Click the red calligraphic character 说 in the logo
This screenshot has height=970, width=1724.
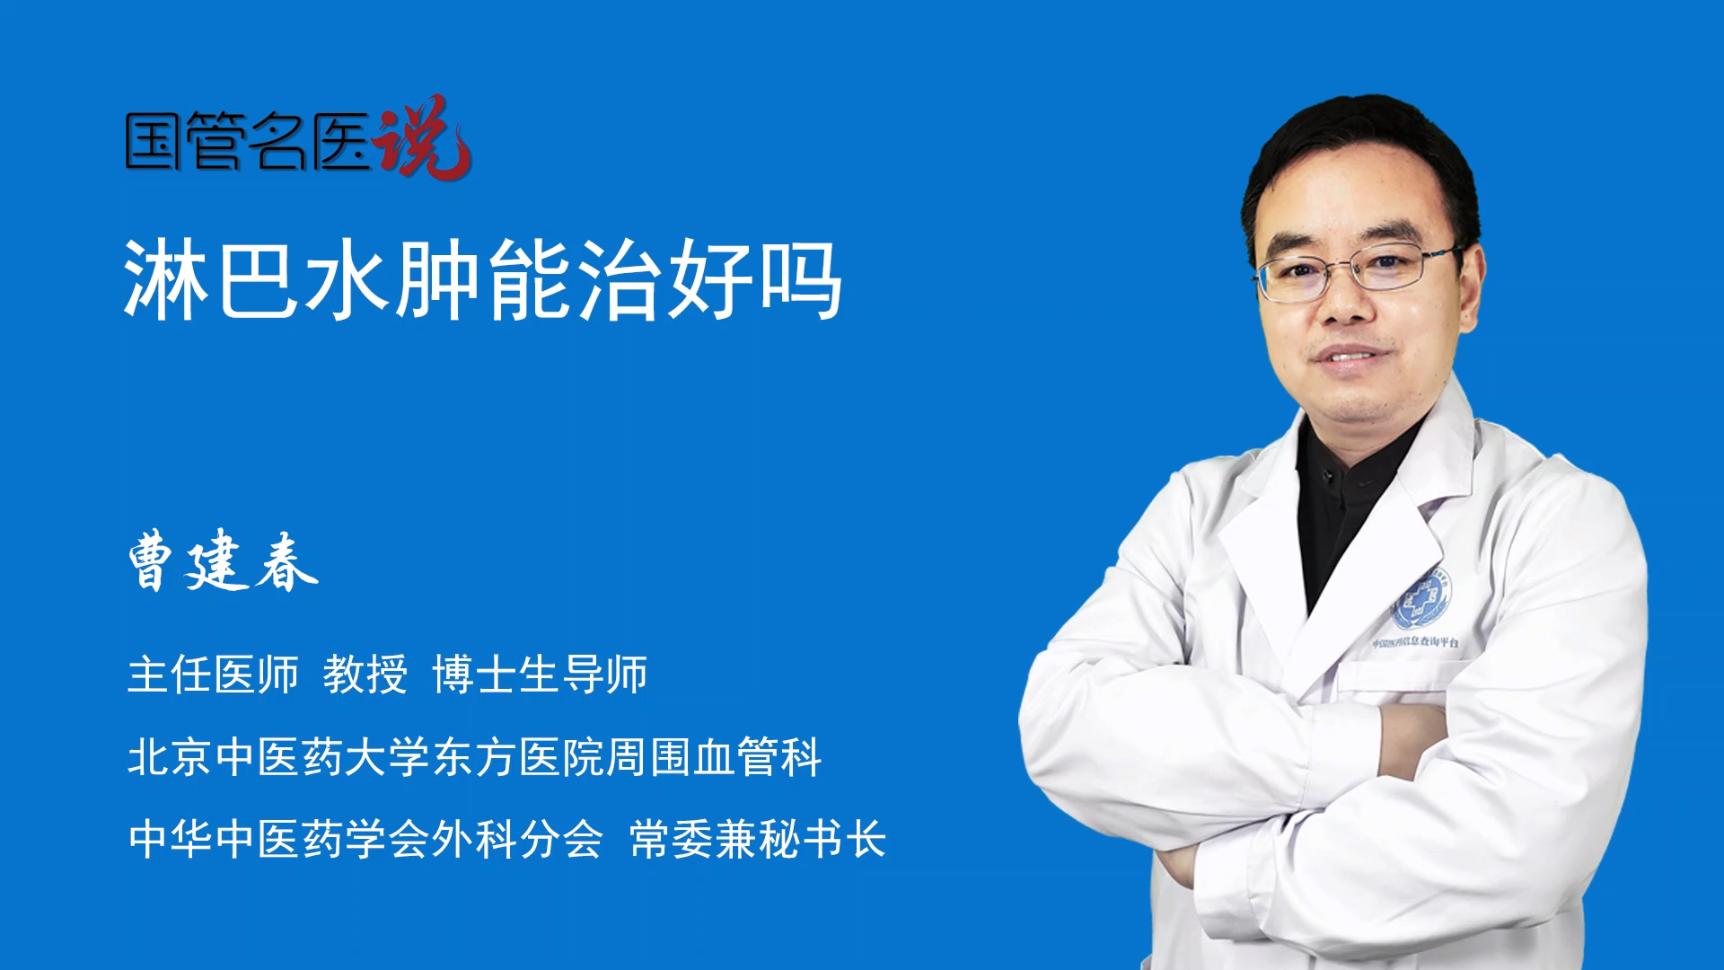(x=422, y=137)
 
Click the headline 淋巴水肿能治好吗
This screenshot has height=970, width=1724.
(x=483, y=280)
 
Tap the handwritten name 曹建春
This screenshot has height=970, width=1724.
(x=223, y=560)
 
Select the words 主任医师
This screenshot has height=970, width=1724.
(x=213, y=675)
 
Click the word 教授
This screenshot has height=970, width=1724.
(x=365, y=675)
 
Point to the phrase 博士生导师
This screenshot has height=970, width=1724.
(x=540, y=675)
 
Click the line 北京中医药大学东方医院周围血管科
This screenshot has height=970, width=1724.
(x=474, y=756)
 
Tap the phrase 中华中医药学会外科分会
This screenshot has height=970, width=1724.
(x=365, y=839)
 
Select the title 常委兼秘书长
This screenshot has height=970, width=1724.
(x=758, y=839)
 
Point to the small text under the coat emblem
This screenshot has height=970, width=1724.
(x=1415, y=642)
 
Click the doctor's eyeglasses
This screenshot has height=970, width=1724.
(x=1357, y=271)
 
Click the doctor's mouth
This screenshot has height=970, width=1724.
(x=1348, y=357)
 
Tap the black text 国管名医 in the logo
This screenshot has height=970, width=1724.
(x=247, y=141)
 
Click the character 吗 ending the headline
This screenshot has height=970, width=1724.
(x=802, y=280)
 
